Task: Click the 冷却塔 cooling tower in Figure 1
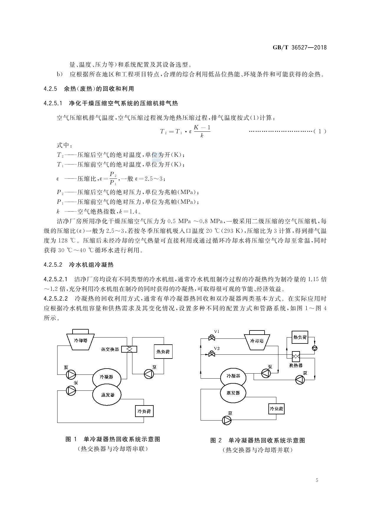(x=80, y=340)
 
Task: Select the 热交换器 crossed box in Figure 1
(x=129, y=349)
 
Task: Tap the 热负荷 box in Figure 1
(x=163, y=351)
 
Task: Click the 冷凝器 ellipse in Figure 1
(x=107, y=377)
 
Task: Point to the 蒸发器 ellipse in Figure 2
(x=233, y=393)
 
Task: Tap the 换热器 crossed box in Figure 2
(x=296, y=356)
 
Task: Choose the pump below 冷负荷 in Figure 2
(x=227, y=420)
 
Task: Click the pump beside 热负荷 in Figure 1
(x=149, y=374)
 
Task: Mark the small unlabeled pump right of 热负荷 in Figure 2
(x=315, y=348)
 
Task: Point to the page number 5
(x=317, y=480)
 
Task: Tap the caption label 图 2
(x=216, y=440)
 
